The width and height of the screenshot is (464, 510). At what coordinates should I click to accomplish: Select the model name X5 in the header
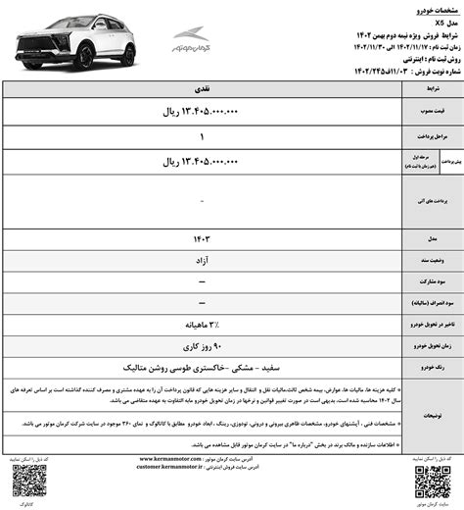point(442,22)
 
